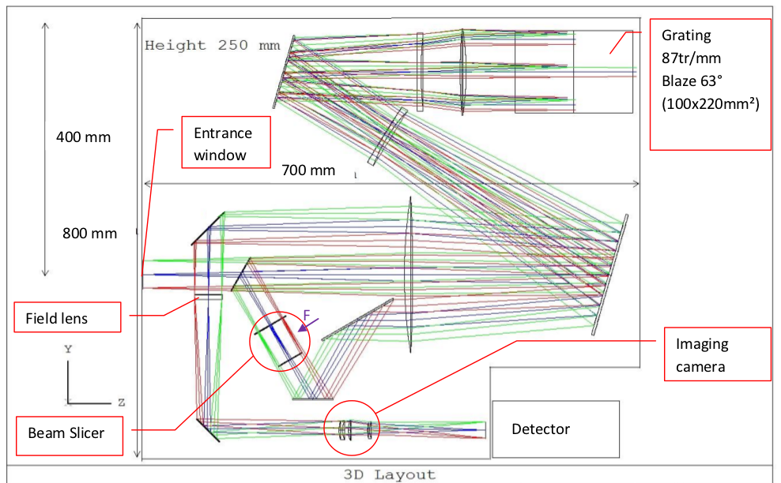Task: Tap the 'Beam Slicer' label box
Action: pos(70,432)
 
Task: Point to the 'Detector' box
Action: pos(555,429)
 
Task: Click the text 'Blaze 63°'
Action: pos(695,80)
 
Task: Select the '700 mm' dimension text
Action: pos(307,170)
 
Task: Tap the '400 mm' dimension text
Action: pos(83,137)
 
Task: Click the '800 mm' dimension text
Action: pos(89,233)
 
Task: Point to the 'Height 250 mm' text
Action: pos(212,46)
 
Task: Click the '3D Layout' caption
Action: pos(389,474)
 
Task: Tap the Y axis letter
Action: pos(70,347)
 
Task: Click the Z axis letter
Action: pos(121,402)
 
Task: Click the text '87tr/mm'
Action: pos(691,58)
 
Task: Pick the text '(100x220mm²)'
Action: pos(710,103)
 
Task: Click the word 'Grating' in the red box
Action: pos(686,36)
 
